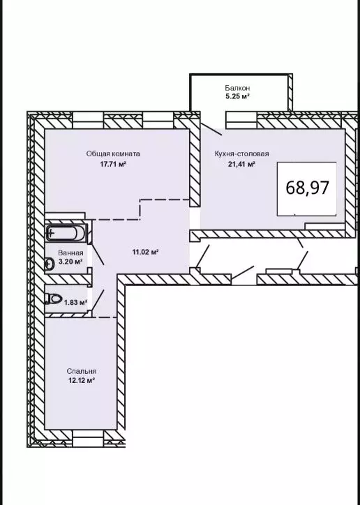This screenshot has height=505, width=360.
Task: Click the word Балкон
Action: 237,88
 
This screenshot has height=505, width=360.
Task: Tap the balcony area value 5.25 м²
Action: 237,96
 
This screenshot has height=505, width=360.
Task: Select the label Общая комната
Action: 113,153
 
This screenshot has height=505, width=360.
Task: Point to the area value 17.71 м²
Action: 113,164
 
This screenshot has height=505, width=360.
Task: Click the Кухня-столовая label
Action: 241,153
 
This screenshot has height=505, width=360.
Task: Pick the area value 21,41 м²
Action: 241,164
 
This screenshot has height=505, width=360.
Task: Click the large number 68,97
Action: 308,188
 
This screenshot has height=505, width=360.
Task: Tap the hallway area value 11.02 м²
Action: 145,252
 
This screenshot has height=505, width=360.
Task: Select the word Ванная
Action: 70,253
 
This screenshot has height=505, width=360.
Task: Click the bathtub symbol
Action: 66,233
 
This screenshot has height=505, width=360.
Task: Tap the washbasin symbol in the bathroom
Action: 50,264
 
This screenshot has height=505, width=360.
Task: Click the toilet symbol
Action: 53,299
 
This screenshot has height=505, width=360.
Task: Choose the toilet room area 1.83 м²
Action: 75,303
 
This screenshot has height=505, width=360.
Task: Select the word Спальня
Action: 82,371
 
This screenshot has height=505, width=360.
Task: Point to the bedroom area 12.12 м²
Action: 82,380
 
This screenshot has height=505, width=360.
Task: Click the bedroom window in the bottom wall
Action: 88,438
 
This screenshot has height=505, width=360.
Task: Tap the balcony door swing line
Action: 211,129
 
